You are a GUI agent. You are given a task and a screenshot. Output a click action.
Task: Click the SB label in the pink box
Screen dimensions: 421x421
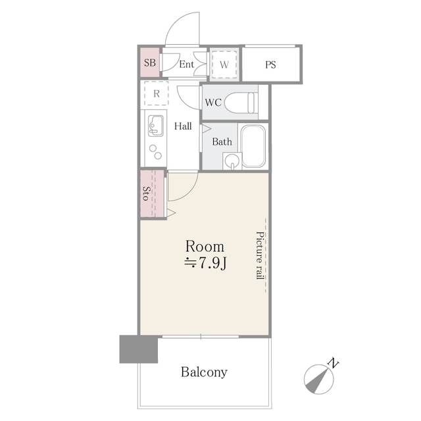point(149,64)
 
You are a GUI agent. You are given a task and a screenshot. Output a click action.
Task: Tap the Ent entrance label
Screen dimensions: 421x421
point(186,64)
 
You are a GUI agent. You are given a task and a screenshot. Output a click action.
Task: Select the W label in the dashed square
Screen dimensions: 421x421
point(224,64)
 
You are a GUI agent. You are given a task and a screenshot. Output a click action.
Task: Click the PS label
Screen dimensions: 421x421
point(270,64)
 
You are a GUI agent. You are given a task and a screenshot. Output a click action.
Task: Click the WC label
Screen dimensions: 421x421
point(212,103)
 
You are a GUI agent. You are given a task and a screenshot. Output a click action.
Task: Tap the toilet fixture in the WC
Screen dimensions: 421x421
point(239,103)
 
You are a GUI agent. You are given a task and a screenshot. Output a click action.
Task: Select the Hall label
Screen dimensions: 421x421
point(183,126)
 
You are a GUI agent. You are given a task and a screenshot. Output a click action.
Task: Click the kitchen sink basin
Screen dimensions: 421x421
point(157,124)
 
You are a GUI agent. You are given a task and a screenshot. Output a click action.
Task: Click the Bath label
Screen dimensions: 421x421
point(222,141)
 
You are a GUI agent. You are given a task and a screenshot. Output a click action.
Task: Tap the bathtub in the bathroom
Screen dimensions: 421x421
point(253,146)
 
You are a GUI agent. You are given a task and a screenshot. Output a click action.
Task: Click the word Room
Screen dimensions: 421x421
point(205,247)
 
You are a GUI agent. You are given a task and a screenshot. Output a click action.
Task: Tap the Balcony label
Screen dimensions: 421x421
point(204,372)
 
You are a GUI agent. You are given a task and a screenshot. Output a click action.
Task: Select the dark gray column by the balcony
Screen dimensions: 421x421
point(139,349)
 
